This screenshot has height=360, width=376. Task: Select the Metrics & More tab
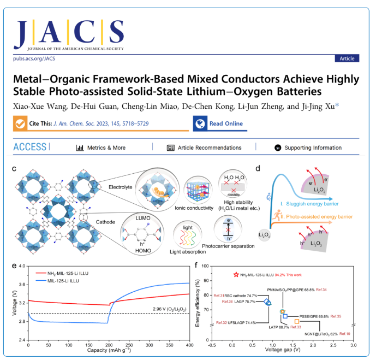tap(101, 147)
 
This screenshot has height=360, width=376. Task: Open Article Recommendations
tap(204, 147)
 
